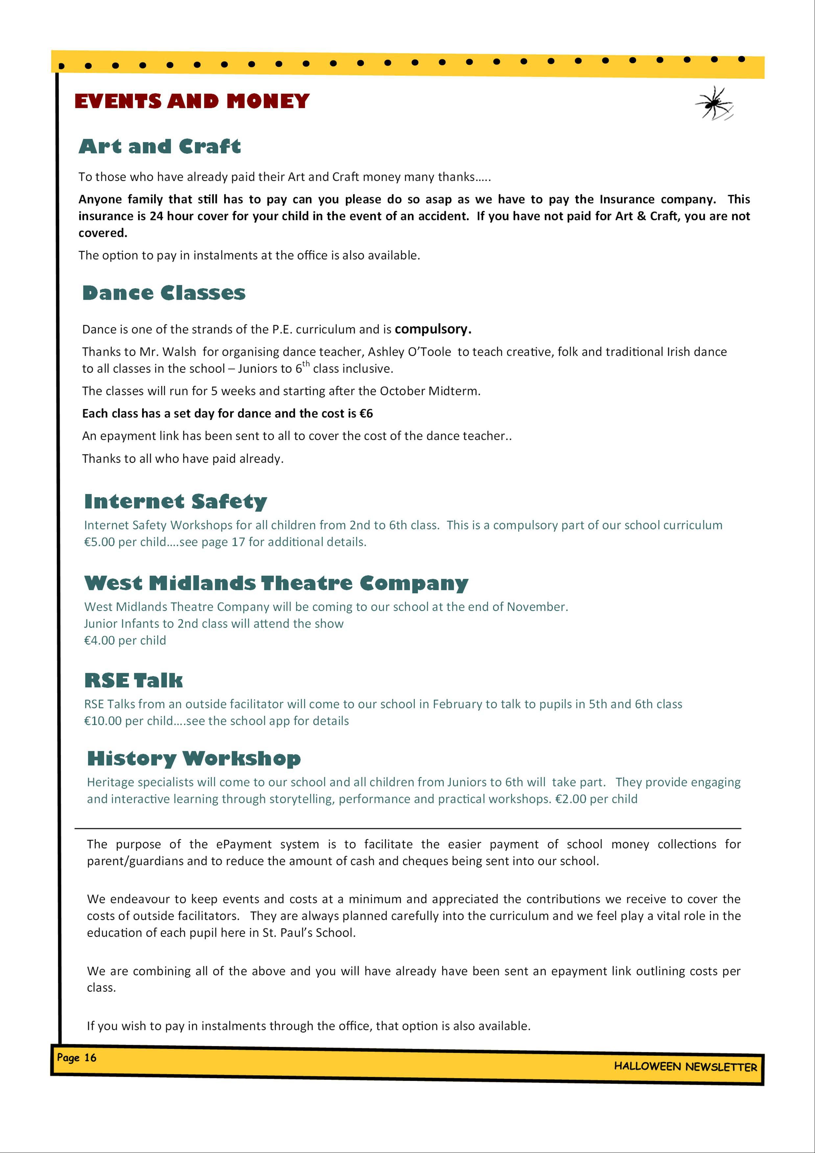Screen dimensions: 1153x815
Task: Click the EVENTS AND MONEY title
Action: click(x=192, y=102)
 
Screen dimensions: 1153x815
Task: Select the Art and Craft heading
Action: click(x=160, y=146)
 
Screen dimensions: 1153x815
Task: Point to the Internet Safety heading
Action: click(x=176, y=501)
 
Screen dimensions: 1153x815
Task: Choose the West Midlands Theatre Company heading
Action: click(x=276, y=583)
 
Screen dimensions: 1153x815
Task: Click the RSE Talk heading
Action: click(x=133, y=680)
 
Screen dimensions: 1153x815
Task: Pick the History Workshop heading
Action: click(x=194, y=758)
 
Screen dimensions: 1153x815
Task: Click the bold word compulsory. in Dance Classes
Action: click(x=433, y=329)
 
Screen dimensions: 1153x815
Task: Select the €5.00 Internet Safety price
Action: click(x=100, y=542)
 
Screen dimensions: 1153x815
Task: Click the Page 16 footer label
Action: click(x=76, y=1058)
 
